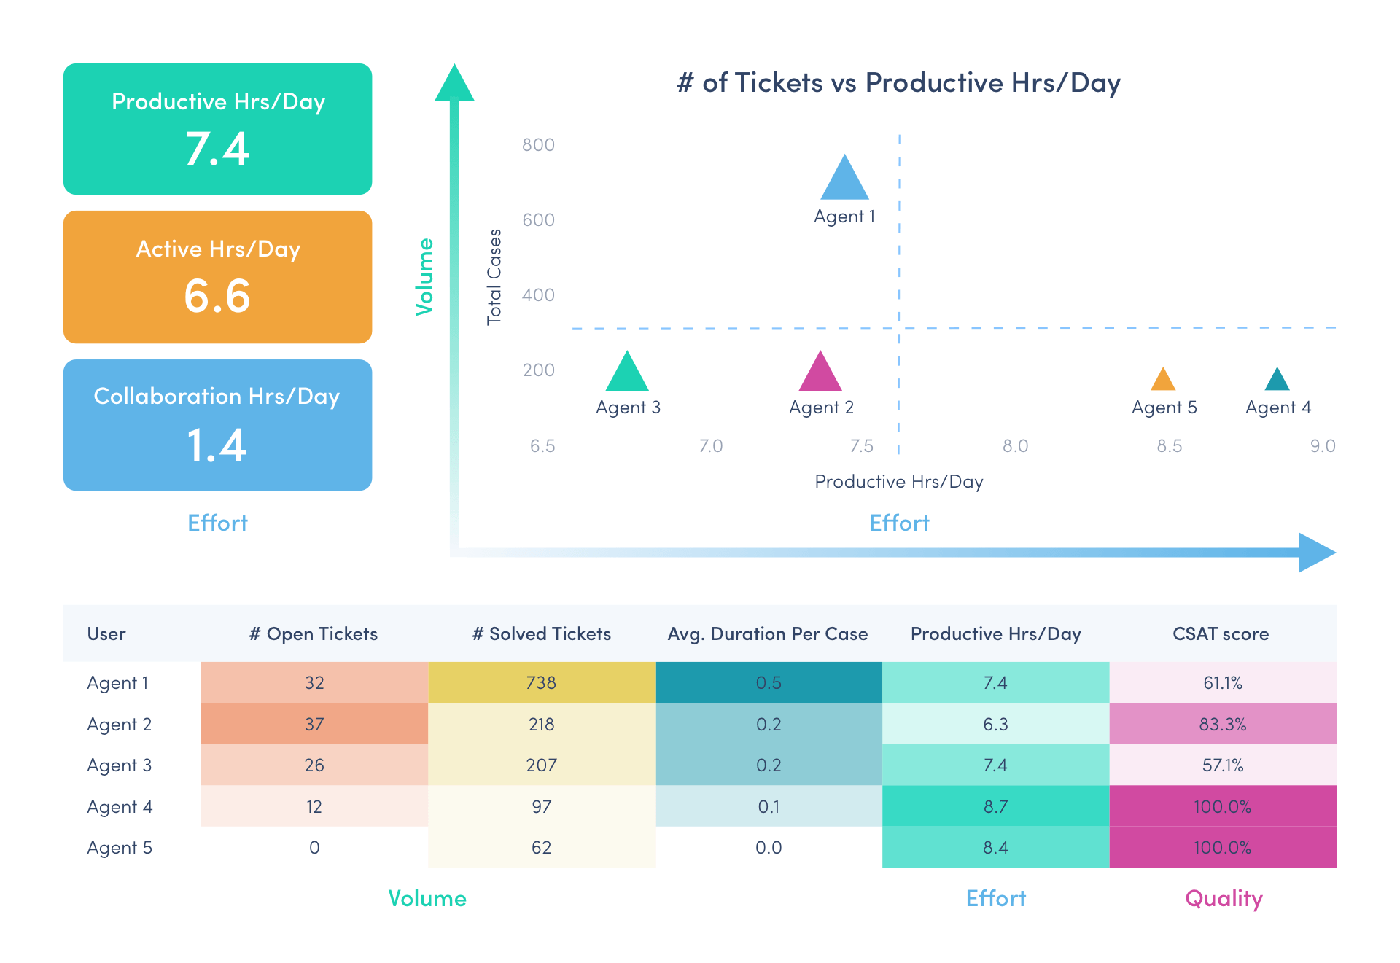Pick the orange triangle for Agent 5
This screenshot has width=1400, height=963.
[1163, 381]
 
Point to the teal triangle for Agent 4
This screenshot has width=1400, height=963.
[1277, 381]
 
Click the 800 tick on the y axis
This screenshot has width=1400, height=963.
[538, 145]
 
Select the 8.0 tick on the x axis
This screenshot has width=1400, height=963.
[1015, 446]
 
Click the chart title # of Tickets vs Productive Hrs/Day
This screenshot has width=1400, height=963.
[898, 83]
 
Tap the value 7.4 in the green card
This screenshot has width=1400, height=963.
[217, 149]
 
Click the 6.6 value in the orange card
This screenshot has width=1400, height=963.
[217, 297]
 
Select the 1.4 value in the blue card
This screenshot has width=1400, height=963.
[217, 445]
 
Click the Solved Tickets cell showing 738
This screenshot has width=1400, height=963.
[541, 683]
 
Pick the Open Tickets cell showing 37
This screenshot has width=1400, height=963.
[314, 725]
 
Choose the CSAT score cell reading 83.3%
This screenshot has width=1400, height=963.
[1223, 725]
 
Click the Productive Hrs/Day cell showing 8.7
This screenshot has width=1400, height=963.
[995, 807]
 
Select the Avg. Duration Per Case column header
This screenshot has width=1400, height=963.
[768, 634]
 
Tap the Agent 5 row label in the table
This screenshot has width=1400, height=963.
[120, 848]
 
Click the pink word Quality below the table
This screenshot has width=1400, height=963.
[1224, 899]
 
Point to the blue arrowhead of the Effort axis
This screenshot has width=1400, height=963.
[1316, 553]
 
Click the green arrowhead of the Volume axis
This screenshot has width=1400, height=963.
[454, 85]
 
